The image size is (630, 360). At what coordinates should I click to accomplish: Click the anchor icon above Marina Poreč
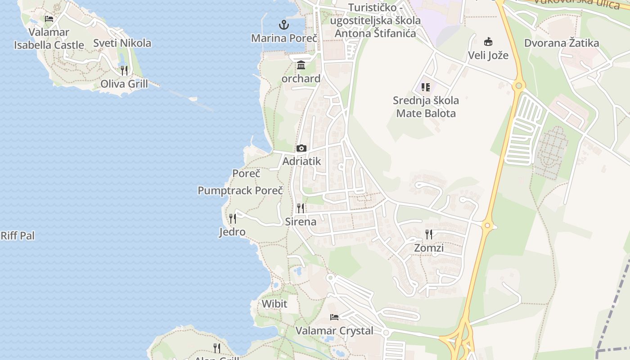pos(284,24)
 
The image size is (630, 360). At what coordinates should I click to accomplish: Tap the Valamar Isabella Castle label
pos(49,38)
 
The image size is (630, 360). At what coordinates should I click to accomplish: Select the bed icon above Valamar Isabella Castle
pos(49,19)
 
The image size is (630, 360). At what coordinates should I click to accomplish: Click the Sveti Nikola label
pos(122,43)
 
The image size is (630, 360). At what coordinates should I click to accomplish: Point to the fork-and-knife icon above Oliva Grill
pos(124,70)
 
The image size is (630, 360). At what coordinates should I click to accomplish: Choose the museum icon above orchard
pos(301,65)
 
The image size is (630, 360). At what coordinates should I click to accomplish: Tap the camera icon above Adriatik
pos(301,148)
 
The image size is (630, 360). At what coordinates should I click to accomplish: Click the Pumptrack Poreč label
pos(240,190)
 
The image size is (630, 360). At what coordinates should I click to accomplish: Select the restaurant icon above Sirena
pos(300,208)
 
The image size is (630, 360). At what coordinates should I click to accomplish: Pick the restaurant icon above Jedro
pos(232,219)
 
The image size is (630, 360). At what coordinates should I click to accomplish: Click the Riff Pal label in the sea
pos(18,236)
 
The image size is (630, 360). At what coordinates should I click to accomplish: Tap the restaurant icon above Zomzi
pos(429,234)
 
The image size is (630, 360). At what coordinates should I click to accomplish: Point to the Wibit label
pos(274,304)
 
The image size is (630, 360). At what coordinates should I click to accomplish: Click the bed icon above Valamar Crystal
pos(334,317)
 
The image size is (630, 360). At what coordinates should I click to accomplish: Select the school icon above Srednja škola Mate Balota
pos(426,87)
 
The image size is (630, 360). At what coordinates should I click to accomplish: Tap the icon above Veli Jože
pos(488,42)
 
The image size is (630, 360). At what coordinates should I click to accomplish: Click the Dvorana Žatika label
pos(562,43)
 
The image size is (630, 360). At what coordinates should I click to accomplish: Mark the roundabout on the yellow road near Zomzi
pos(487,225)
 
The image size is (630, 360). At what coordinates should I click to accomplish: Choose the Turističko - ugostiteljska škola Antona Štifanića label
pos(375,20)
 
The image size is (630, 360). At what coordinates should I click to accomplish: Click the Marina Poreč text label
pos(284,38)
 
